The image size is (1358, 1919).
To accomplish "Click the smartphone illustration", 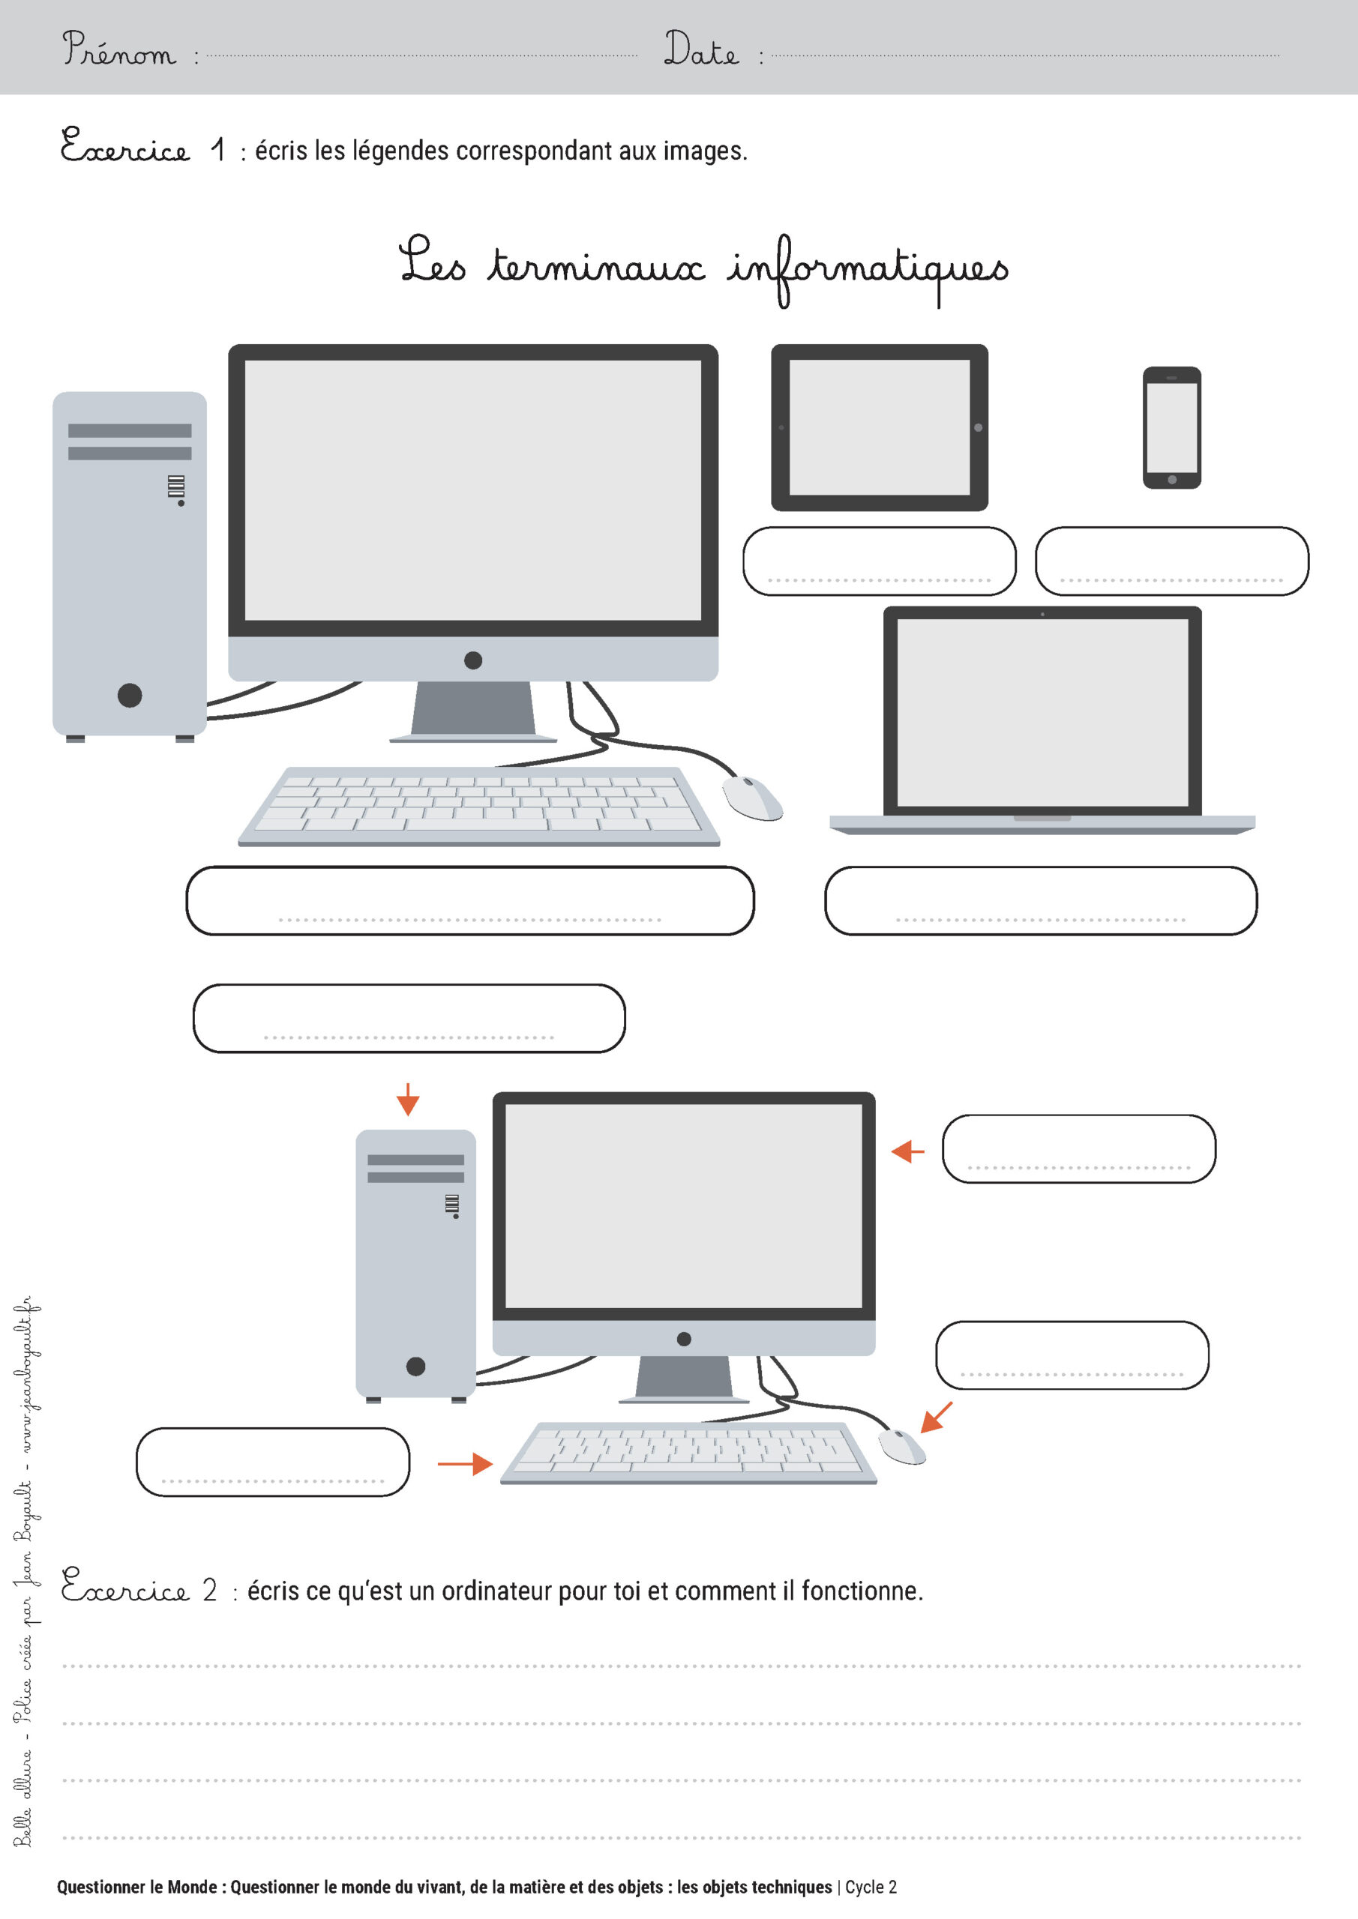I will click(1171, 427).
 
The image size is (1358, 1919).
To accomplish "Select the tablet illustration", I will click(879, 427).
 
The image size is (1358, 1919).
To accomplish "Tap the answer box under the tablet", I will click(879, 561).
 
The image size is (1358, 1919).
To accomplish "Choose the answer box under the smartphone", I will click(1171, 561).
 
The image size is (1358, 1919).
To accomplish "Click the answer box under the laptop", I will click(1040, 900).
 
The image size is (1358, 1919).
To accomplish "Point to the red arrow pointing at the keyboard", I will click(465, 1463).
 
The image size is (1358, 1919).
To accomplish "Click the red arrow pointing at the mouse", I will click(936, 1417).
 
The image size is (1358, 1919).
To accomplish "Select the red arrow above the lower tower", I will click(408, 1099).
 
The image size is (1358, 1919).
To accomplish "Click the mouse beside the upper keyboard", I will click(752, 798).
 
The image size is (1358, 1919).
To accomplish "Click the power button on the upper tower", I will click(130, 695).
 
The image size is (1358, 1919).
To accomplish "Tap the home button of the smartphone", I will click(1171, 480).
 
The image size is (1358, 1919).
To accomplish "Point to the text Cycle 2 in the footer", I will click(871, 1887).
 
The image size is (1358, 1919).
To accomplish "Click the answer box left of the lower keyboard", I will click(273, 1462).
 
